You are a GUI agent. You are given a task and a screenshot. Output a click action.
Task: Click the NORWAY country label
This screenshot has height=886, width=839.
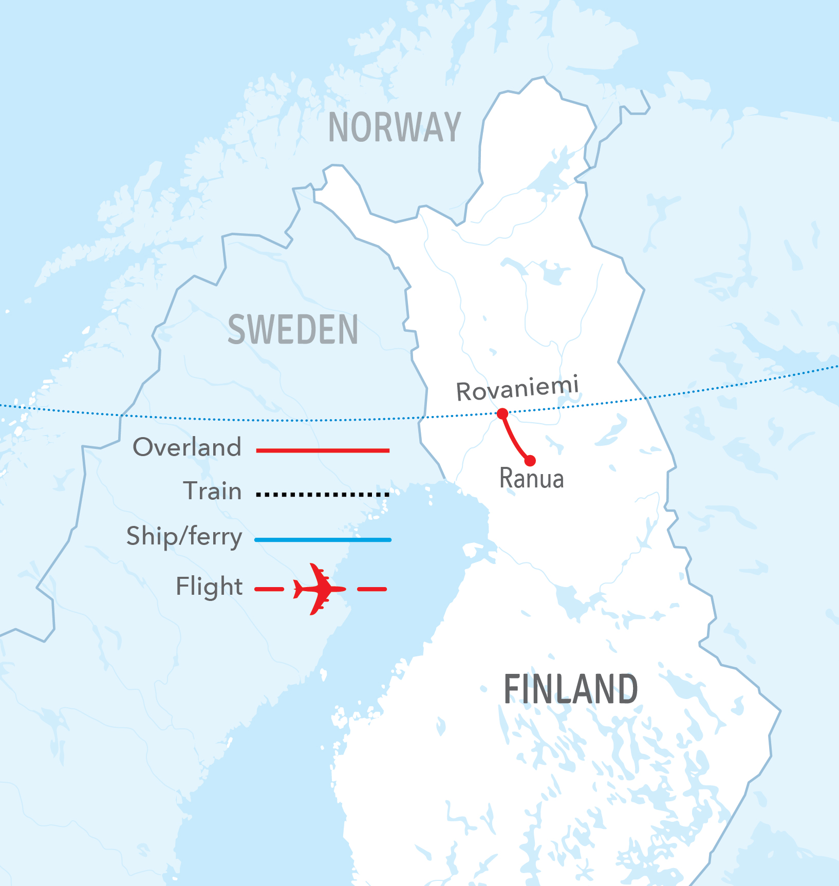(395, 127)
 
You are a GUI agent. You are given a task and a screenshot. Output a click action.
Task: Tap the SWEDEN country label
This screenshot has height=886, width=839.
(293, 330)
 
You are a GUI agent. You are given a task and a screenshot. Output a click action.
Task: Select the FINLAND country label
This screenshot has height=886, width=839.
(570, 689)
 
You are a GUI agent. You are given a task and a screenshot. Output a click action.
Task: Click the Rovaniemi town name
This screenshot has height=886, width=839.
(517, 389)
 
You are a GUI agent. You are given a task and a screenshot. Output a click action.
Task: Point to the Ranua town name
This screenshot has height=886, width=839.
(532, 479)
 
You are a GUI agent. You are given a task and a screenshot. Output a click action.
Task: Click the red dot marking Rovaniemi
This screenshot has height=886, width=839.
(502, 413)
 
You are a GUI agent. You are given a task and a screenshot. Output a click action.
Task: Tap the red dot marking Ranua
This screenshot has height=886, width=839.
(530, 461)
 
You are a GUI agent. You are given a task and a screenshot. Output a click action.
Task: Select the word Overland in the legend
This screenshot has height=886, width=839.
(187, 447)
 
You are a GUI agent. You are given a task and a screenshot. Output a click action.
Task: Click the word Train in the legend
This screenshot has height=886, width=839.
(212, 491)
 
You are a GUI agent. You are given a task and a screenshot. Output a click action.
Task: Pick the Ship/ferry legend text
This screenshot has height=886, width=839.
(184, 537)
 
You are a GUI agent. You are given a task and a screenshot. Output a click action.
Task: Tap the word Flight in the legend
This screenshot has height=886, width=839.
(209, 586)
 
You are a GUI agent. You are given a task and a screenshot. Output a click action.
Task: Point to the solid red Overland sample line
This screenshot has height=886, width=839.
(323, 450)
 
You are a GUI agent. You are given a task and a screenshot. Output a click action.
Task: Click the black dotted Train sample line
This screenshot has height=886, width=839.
(323, 495)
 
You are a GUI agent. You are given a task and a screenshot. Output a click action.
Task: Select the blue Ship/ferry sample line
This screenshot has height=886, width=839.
(323, 540)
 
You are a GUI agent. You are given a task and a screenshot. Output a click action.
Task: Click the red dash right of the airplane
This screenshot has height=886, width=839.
(371, 589)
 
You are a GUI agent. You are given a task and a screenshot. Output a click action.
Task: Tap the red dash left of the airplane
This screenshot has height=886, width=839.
(269, 589)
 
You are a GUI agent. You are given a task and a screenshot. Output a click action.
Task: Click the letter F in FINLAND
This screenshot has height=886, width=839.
(512, 689)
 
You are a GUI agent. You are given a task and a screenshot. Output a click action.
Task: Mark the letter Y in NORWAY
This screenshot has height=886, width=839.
(451, 127)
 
